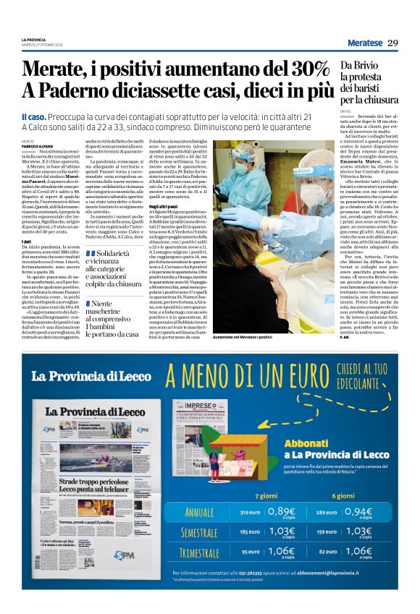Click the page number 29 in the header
click(392, 43)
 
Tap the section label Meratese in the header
click(360, 43)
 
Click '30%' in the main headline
click(307, 70)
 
